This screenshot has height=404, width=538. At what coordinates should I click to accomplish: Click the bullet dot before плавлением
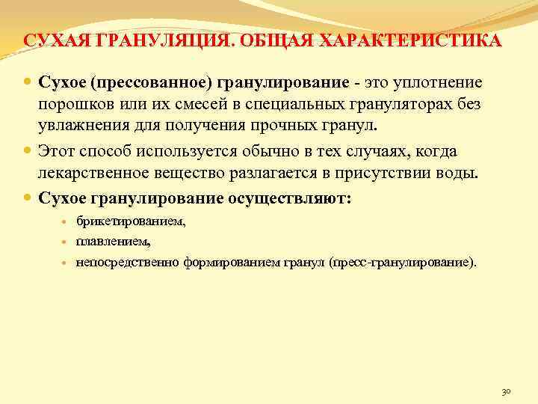(65, 242)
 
